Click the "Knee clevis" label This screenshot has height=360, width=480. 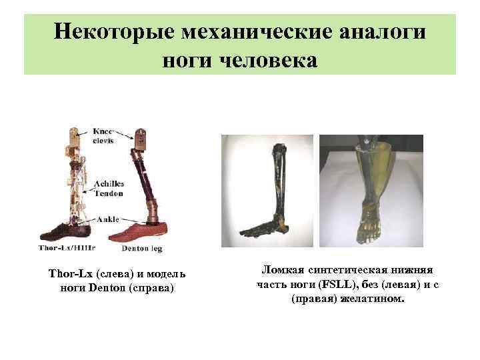click(x=104, y=136)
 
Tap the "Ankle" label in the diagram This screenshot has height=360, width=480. click(x=106, y=219)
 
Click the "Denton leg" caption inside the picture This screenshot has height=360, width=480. click(x=142, y=249)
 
